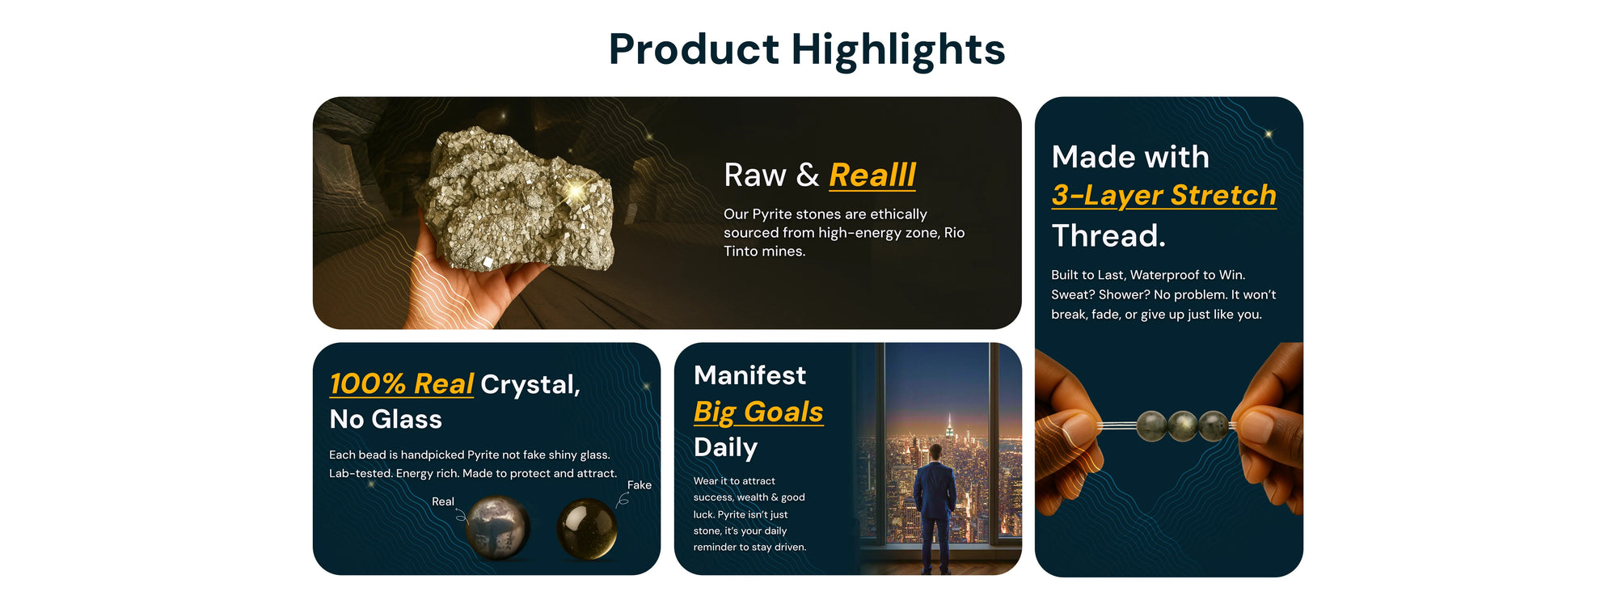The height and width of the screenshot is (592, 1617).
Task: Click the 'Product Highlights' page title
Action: click(x=807, y=49)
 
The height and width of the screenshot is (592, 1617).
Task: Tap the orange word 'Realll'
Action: click(x=872, y=175)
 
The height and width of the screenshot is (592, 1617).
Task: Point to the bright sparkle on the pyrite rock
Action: click(x=576, y=192)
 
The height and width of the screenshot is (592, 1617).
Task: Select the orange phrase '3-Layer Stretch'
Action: click(x=1163, y=195)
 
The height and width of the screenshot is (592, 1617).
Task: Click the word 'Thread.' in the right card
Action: click(x=1108, y=235)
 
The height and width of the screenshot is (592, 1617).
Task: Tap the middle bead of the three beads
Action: click(x=1182, y=425)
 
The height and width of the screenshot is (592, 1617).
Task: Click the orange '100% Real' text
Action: click(x=401, y=383)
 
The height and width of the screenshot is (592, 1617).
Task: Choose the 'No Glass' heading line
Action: click(x=386, y=419)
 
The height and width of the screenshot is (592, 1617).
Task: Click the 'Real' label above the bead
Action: click(x=443, y=501)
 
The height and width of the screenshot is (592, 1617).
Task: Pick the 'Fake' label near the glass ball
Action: click(x=640, y=485)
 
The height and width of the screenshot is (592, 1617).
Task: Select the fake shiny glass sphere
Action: click(x=587, y=530)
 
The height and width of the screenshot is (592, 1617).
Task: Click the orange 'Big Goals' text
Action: click(x=758, y=412)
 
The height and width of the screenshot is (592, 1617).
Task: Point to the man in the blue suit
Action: click(x=935, y=508)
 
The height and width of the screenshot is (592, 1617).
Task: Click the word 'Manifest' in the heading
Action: click(x=749, y=375)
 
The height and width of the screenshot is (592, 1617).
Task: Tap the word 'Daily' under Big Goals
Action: click(x=725, y=447)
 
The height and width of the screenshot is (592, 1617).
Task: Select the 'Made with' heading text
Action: click(x=1130, y=157)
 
